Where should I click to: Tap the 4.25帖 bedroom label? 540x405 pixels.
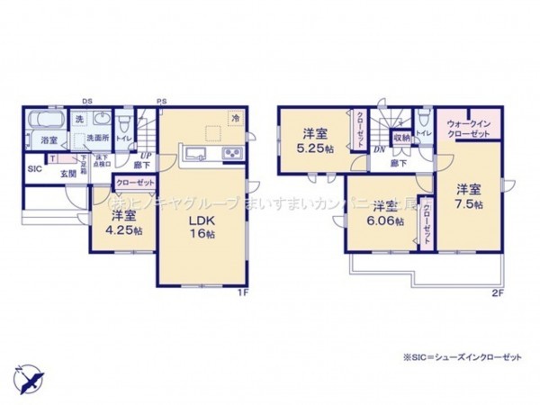point(123,222)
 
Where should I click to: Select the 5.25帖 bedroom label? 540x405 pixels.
point(314,139)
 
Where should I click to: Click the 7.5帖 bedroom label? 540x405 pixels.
point(466,197)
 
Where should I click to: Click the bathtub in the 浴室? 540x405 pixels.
point(45,122)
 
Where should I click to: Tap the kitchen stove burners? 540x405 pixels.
point(231,151)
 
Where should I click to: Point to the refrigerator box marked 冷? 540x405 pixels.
point(235,118)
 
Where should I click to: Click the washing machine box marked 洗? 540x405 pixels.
point(80,119)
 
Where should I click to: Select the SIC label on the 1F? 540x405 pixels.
point(33,168)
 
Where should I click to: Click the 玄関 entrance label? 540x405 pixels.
point(68,173)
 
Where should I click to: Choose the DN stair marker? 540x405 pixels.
point(379,150)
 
